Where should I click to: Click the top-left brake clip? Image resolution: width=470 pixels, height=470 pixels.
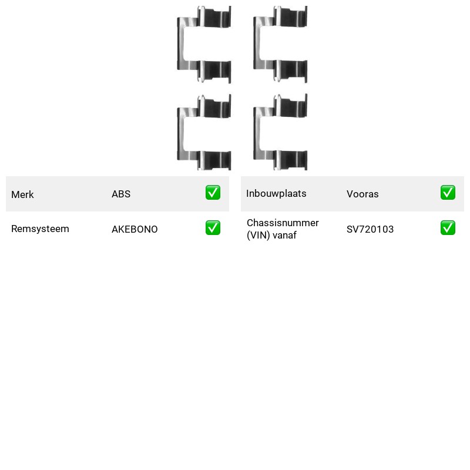tap(181, 45)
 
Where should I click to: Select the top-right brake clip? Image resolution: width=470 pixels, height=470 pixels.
tap(257, 45)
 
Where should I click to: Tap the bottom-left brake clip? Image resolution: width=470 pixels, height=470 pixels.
tap(181, 133)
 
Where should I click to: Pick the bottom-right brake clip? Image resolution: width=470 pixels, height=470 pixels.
tap(257, 133)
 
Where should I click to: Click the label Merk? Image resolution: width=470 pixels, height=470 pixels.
tap(22, 194)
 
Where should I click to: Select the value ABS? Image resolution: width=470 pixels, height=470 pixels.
tap(121, 194)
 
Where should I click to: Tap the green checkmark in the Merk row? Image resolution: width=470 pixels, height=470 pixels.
tap(213, 193)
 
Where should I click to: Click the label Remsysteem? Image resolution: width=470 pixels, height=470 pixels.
tap(40, 229)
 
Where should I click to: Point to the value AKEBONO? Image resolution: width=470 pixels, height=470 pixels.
tap(135, 229)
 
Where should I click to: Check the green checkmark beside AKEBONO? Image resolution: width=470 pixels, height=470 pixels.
tap(213, 228)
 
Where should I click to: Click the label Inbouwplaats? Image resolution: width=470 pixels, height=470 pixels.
tap(276, 194)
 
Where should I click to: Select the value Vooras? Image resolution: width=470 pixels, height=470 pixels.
tap(362, 194)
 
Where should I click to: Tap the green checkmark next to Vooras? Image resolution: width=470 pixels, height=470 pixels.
tap(448, 193)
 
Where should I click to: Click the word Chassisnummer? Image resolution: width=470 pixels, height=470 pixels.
tap(283, 223)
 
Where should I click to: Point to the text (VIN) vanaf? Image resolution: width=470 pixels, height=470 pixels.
tap(271, 236)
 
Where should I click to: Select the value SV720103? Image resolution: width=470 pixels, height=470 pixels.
tap(370, 229)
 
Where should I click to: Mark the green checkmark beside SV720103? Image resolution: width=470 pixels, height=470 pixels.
tap(448, 228)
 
